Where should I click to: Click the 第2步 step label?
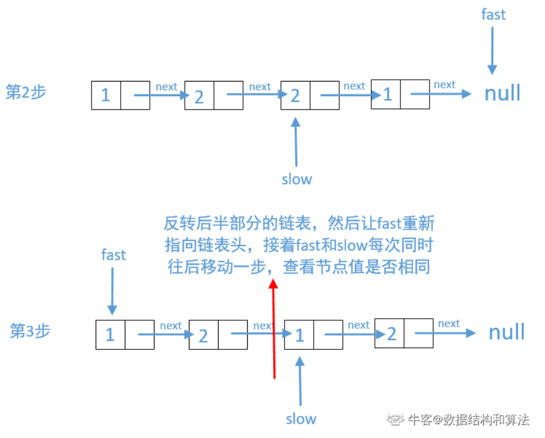[x=26, y=92]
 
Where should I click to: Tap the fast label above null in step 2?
[x=493, y=15]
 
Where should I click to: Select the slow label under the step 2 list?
[x=297, y=179]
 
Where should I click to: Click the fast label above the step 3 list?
[x=113, y=255]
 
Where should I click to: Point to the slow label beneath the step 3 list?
[x=301, y=418]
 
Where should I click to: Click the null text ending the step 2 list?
[x=502, y=93]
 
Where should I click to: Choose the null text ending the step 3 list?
[x=507, y=333]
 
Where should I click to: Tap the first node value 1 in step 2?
[x=106, y=95]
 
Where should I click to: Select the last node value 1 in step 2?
[x=387, y=94]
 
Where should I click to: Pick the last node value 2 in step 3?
[x=391, y=333]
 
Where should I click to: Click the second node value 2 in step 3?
[x=203, y=335]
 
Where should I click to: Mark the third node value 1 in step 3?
[x=299, y=335]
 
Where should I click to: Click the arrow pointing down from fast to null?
[x=492, y=50]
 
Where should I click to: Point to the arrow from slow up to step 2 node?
[x=296, y=142]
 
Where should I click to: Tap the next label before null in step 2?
[x=444, y=84]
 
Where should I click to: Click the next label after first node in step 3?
[x=170, y=326]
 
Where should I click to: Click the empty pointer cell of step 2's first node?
[x=135, y=96]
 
